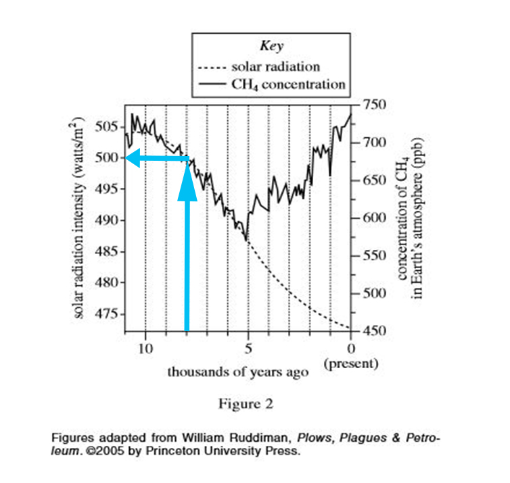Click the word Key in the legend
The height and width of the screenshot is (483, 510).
pos(271,47)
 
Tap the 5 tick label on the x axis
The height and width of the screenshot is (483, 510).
pos(248,349)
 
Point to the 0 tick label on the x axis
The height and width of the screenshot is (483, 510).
pos(351,349)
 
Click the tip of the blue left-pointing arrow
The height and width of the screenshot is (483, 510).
pos(127,159)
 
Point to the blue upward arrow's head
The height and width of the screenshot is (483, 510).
pos(187,182)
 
